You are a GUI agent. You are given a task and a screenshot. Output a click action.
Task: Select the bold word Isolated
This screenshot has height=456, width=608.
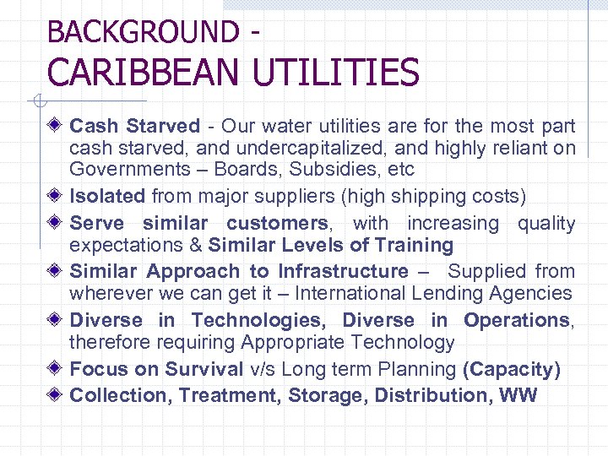tap(107, 197)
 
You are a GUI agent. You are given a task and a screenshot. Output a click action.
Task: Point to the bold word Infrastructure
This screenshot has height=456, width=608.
tap(343, 272)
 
